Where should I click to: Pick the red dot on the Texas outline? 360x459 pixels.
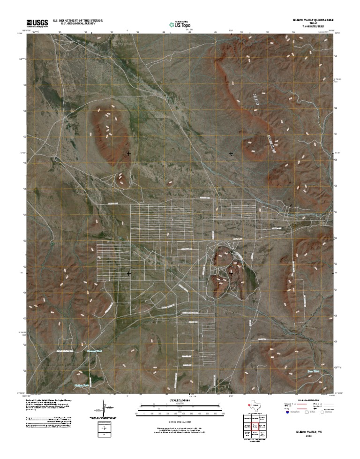247,405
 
